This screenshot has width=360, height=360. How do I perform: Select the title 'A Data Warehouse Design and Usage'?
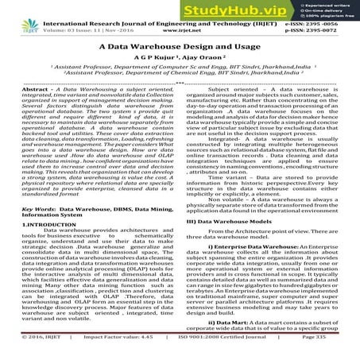pyautogui.click(x=180, y=47)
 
